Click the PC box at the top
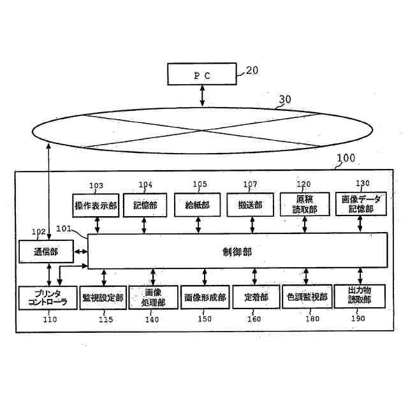pos(201,74)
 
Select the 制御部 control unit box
pos(237,251)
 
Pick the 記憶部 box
pos(145,205)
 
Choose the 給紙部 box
pos(198,205)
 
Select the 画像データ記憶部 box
pos(361,205)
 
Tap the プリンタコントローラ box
pos(43,297)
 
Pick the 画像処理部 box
pos(152,297)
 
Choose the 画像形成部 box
pos(204,297)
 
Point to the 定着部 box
pos(255,297)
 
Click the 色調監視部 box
pos(307,297)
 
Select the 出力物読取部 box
pos(360,297)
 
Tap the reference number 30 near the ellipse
pos(285,99)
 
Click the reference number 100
pos(346,158)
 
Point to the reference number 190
pos(358,319)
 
